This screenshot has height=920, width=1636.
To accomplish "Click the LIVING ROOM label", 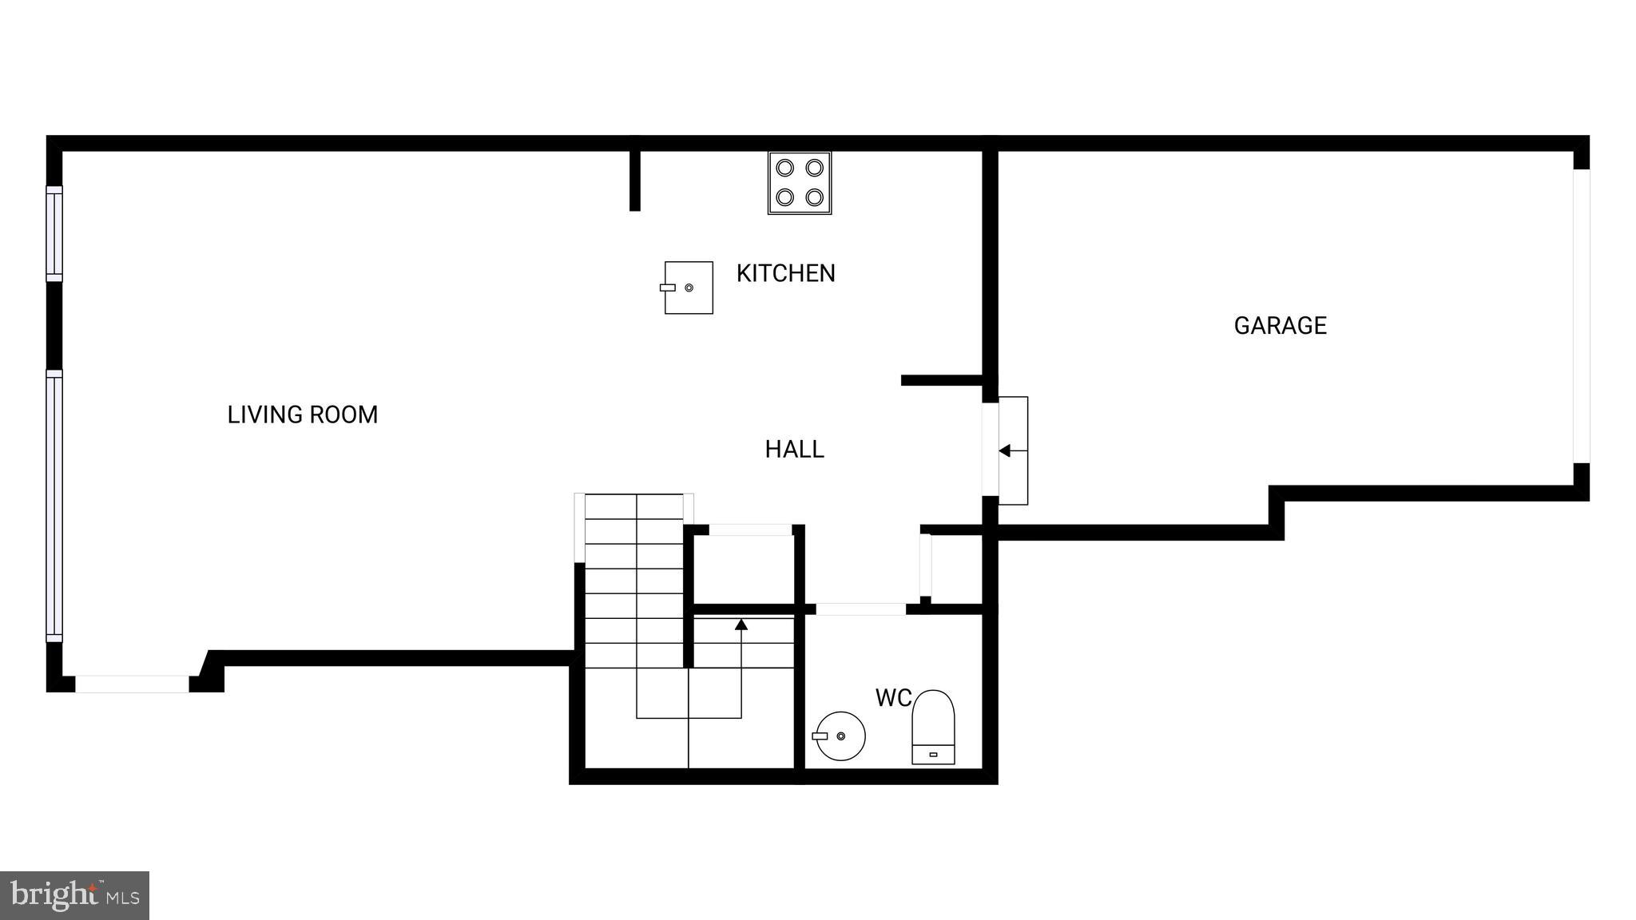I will coord(302,415).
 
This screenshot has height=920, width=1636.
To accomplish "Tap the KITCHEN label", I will coord(785,274).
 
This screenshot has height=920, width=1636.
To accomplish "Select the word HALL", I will coord(794,450).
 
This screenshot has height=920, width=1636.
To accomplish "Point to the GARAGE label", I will coord(1280,326).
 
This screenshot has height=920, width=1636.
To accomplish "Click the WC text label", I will coord(893,698).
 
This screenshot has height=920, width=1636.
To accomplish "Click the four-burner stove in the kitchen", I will coord(800,183).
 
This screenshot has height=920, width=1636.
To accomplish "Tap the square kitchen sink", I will coord(689,287).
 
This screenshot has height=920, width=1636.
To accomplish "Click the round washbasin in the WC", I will coord(840,736).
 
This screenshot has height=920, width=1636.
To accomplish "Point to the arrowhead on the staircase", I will coord(741,625).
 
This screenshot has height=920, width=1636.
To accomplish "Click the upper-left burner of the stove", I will coord(785,169).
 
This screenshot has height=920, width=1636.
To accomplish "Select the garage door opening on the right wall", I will coord(1582,316).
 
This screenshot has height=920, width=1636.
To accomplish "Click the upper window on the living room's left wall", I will coord(54,233).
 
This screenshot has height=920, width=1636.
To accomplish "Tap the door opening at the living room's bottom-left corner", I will coord(133,684).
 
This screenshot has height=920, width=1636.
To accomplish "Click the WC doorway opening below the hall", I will coord(860,609).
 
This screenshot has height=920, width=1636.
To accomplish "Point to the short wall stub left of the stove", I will coord(635,180).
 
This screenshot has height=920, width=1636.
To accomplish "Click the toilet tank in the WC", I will coord(933,754).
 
